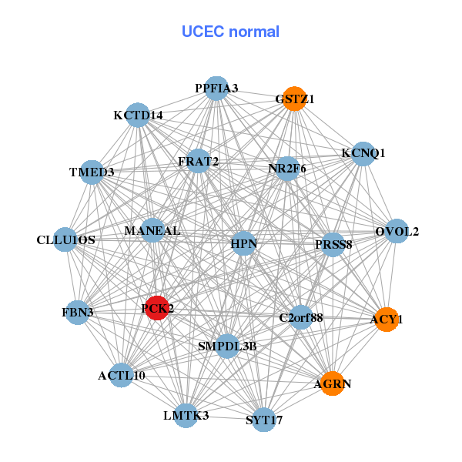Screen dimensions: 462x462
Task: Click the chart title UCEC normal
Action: click(x=230, y=32)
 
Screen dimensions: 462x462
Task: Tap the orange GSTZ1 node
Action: click(x=295, y=99)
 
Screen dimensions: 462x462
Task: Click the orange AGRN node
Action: click(x=332, y=383)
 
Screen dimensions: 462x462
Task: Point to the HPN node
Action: click(x=244, y=245)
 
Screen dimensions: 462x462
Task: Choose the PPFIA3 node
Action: click(x=216, y=89)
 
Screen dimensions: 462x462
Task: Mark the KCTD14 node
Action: click(x=138, y=115)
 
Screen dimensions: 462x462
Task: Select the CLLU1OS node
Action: click(x=65, y=239)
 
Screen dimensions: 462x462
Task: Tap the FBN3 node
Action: click(x=77, y=313)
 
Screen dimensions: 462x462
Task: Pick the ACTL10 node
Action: click(x=122, y=376)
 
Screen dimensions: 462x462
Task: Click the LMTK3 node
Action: click(x=186, y=416)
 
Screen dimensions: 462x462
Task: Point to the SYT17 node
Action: click(x=264, y=420)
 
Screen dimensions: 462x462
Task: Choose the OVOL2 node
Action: click(x=397, y=231)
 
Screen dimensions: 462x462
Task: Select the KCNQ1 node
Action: click(x=363, y=153)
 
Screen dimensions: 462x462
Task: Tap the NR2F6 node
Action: click(x=287, y=169)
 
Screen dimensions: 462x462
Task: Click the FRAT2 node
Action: click(x=199, y=162)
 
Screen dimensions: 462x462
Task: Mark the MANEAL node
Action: click(x=152, y=230)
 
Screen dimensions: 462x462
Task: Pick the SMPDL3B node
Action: click(x=227, y=346)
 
